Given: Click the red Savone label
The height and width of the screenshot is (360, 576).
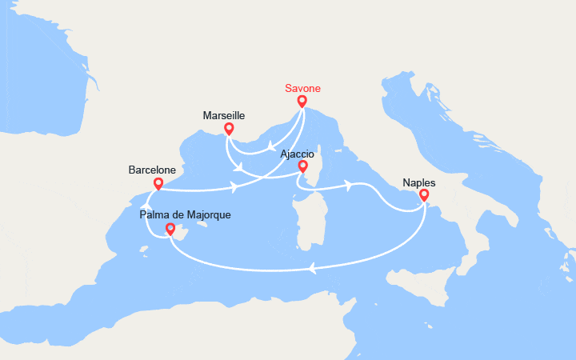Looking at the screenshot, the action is pyautogui.click(x=302, y=89).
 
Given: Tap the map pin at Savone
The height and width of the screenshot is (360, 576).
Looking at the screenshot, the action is pyautogui.click(x=302, y=102).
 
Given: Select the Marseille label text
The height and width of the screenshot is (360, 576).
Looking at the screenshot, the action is pyautogui.click(x=224, y=115).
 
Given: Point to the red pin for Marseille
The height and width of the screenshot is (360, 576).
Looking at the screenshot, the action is pyautogui.click(x=230, y=128).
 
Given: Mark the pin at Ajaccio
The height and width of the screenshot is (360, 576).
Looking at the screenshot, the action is pyautogui.click(x=302, y=166).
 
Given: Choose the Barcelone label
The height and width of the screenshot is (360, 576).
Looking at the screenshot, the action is pyautogui.click(x=152, y=170).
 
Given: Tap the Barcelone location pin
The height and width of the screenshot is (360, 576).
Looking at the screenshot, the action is pyautogui.click(x=158, y=184).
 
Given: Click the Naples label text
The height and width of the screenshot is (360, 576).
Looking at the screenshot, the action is pyautogui.click(x=419, y=182).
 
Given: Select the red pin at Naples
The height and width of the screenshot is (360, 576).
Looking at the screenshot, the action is pyautogui.click(x=423, y=194).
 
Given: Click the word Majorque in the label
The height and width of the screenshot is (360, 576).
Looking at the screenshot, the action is pyautogui.click(x=209, y=215).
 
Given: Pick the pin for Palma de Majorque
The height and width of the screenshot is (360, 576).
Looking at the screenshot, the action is pyautogui.click(x=170, y=230).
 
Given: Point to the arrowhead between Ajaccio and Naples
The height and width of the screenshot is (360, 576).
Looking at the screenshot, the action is pyautogui.click(x=350, y=185).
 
